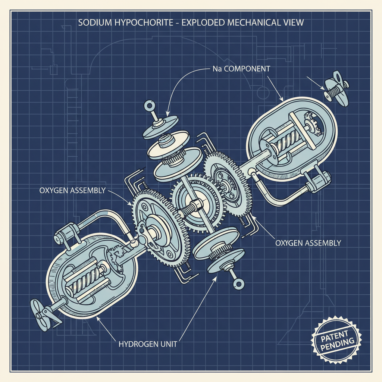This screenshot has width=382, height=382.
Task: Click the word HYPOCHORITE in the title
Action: pyautogui.click(x=144, y=23)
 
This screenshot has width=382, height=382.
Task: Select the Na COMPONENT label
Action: pyautogui.click(x=241, y=69)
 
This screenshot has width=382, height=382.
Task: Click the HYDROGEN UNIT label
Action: pyautogui.click(x=148, y=344)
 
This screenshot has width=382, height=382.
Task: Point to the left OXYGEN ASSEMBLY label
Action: pyautogui.click(x=72, y=190)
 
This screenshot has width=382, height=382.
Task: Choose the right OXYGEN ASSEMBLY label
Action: pyautogui.click(x=308, y=243)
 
